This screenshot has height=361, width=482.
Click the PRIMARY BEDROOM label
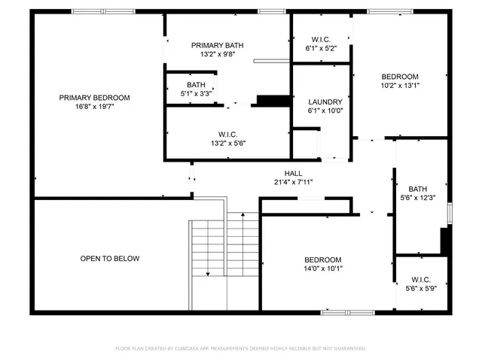(95, 98)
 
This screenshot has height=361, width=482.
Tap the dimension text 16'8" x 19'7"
(95, 107)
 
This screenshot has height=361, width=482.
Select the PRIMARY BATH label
(218, 45)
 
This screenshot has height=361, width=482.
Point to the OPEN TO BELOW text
(110, 259)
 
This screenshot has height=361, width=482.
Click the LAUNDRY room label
(325, 102)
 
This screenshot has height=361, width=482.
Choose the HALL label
(293, 173)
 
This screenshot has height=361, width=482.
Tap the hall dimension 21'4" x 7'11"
(293, 182)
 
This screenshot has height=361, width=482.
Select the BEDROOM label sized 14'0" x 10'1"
(322, 259)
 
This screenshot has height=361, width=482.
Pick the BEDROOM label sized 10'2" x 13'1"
(399, 77)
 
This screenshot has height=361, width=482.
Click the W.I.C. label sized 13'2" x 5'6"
(228, 134)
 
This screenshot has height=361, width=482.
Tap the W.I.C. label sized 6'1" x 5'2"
(321, 39)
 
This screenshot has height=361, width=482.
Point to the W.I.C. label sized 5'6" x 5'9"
(421, 280)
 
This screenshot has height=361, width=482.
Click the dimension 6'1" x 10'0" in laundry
(325, 111)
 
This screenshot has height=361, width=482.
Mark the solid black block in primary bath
(270, 101)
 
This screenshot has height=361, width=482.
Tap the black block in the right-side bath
(445, 241)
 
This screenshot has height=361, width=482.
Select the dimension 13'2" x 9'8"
(218, 54)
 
